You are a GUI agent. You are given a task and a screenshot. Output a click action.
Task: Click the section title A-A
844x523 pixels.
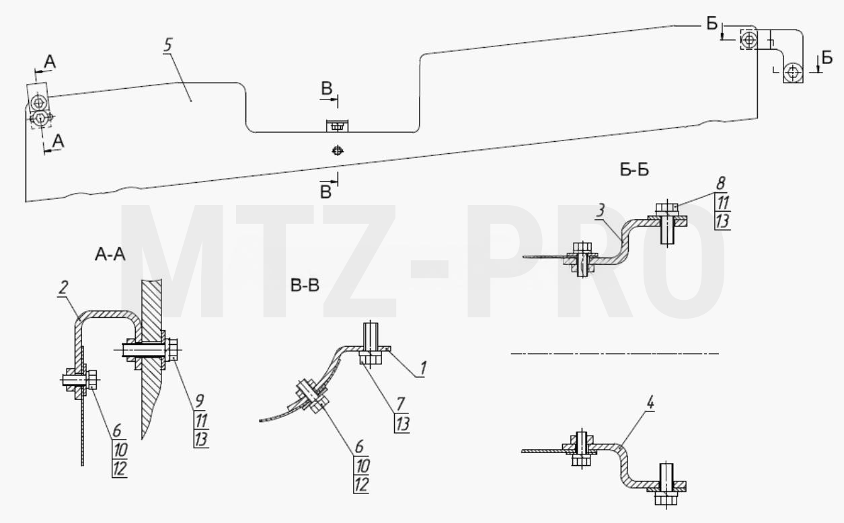(110, 255)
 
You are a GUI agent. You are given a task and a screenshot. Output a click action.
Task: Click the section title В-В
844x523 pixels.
(305, 286)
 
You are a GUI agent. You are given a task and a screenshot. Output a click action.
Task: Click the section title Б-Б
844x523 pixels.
(634, 170)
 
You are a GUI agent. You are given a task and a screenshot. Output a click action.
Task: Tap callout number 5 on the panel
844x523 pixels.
(167, 45)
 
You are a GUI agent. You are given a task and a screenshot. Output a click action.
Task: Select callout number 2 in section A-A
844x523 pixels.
(63, 288)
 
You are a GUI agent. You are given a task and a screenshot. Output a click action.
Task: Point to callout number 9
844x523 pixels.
(200, 401)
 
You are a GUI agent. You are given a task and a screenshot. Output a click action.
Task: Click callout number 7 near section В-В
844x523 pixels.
(400, 405)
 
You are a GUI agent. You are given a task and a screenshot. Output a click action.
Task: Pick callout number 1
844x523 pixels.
(423, 368)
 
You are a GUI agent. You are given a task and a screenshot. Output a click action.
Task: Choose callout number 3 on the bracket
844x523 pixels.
(601, 210)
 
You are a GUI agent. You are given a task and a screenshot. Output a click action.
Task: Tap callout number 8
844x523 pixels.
(720, 184)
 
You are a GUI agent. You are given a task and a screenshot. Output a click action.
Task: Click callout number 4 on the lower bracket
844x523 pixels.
(650, 403)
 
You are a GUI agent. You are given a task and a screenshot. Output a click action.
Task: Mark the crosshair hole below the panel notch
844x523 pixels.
(338, 151)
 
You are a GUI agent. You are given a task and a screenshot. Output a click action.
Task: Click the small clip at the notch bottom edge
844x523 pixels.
(337, 126)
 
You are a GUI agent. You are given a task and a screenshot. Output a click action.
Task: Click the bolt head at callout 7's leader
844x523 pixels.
(371, 358)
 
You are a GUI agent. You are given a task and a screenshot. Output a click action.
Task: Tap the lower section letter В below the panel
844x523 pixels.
(325, 192)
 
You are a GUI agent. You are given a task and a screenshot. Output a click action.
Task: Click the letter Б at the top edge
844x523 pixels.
(712, 24)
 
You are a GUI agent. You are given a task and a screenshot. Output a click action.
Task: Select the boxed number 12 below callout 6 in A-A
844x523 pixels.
(120, 469)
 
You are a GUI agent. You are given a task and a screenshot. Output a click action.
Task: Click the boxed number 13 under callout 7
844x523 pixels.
(402, 424)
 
